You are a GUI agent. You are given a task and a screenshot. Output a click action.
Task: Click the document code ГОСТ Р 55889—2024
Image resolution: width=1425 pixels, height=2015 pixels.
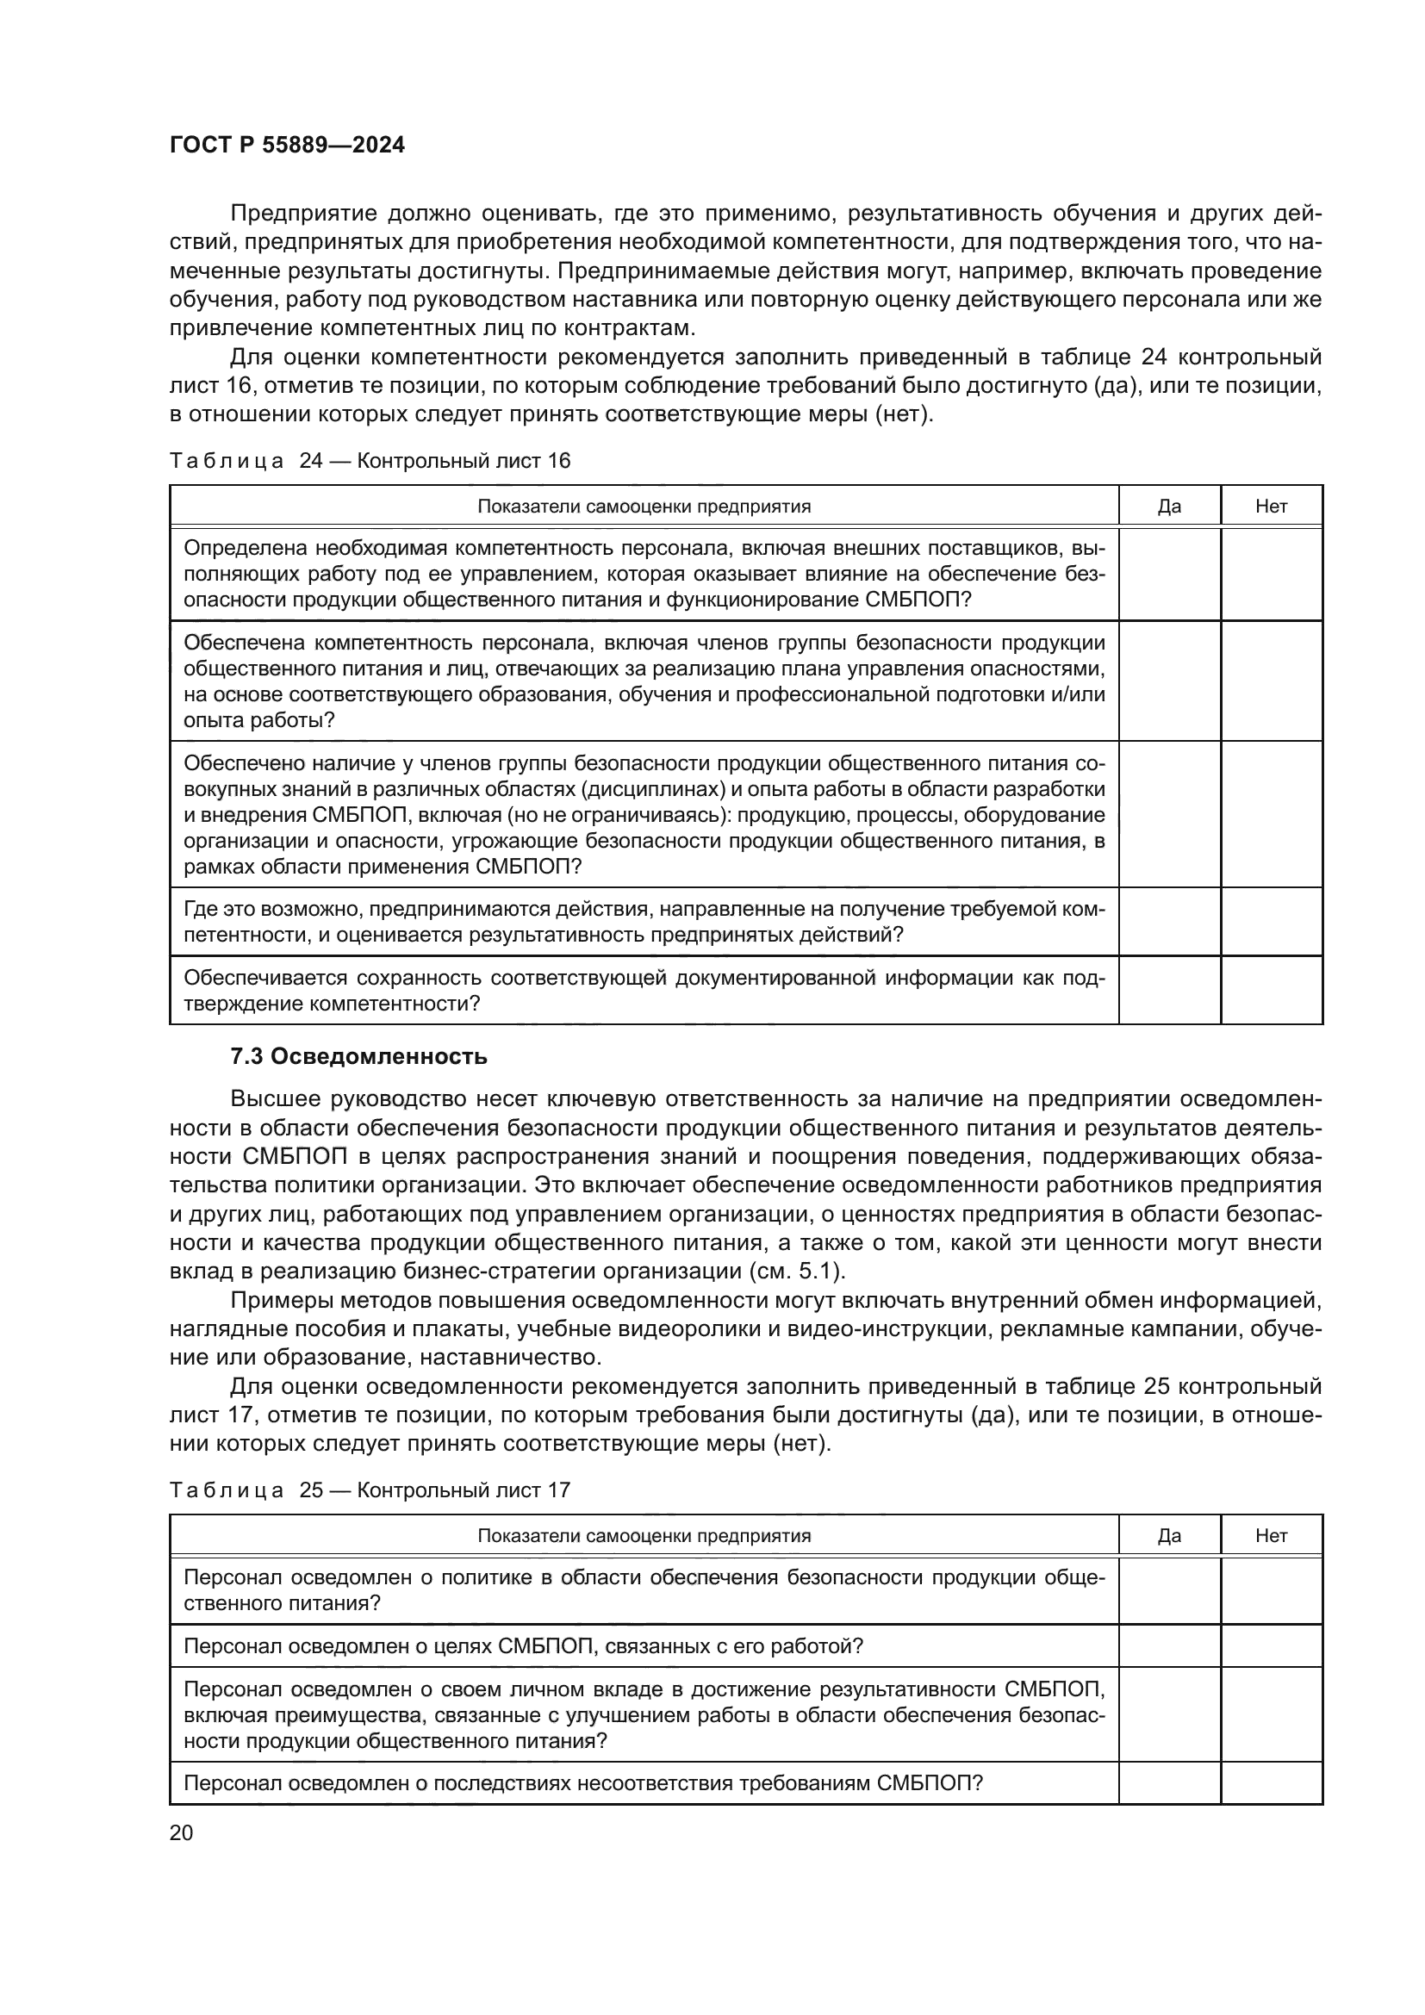click(x=287, y=146)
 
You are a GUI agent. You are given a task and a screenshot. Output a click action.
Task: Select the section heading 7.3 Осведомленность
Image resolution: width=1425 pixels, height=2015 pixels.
click(x=359, y=1057)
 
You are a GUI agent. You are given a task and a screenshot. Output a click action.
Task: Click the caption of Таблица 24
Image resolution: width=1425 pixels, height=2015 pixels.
click(x=370, y=461)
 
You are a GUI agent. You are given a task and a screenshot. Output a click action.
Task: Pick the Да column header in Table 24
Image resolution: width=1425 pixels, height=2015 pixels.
click(x=1169, y=507)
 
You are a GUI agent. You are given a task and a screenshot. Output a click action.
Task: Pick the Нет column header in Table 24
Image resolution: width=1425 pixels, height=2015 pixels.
click(x=1271, y=507)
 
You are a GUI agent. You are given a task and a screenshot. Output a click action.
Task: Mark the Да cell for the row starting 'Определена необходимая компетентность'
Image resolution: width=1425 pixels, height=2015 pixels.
click(x=1169, y=574)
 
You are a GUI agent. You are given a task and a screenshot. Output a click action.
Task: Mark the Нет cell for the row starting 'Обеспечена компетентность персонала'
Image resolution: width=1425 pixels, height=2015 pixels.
click(x=1271, y=681)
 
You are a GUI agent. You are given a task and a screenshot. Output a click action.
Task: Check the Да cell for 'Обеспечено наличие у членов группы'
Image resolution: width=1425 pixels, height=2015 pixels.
click(x=1169, y=814)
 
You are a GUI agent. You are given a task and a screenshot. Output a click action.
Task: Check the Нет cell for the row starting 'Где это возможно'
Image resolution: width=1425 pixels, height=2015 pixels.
click(x=1271, y=922)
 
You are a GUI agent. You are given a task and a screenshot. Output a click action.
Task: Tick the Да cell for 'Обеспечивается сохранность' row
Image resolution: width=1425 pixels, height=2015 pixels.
click(x=1169, y=990)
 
